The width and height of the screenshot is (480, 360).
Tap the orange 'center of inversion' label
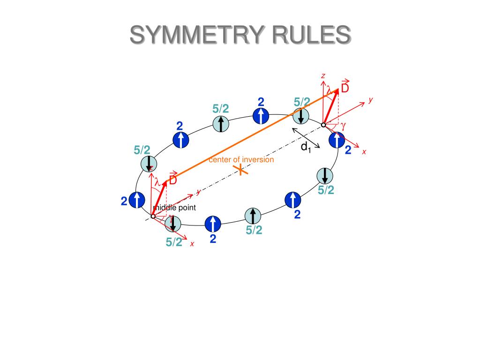click(x=241, y=159)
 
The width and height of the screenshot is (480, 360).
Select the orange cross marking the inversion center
click(x=240, y=170)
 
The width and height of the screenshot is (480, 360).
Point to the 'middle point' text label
click(x=174, y=208)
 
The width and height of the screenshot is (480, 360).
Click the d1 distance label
click(x=306, y=147)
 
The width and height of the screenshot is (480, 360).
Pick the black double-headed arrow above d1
click(x=306, y=138)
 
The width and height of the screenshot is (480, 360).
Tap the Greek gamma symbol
click(x=343, y=125)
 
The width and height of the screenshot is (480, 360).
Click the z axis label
click(x=323, y=76)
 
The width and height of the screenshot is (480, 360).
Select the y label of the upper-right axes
click(x=370, y=100)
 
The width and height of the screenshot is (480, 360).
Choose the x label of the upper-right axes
click(x=364, y=152)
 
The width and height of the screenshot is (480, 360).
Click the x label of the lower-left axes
click(x=192, y=244)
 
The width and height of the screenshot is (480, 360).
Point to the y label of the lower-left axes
click(x=199, y=192)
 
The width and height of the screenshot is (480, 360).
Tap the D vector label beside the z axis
click(x=345, y=88)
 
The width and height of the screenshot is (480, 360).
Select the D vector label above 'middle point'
click(x=173, y=180)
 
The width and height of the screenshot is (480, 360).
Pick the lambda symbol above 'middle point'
click(x=157, y=181)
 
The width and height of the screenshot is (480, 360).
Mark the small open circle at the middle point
click(x=153, y=216)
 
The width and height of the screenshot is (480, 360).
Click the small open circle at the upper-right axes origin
click(x=323, y=125)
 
